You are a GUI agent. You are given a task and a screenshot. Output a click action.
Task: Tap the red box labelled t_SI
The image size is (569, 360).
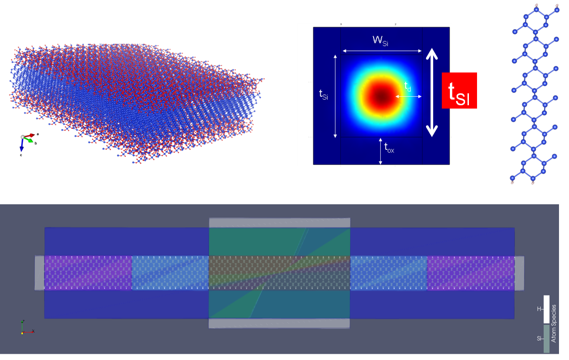[x=459, y=90]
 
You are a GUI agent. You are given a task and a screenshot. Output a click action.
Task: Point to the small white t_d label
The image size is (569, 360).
[x=408, y=87]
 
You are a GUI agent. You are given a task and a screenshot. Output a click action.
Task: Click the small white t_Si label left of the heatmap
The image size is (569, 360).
[x=323, y=94]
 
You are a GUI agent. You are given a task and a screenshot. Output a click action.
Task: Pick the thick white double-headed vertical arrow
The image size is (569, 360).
[x=432, y=93]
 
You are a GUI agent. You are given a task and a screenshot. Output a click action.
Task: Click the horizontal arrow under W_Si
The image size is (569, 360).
[x=382, y=51]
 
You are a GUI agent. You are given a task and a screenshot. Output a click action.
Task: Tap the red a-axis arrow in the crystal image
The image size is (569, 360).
[x=29, y=136]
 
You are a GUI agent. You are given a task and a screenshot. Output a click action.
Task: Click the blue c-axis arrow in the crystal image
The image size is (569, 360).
[x=22, y=145]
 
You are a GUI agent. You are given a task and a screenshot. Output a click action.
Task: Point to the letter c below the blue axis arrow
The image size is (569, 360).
[x=21, y=155]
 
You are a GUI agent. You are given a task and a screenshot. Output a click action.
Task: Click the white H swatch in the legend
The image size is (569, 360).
[x=546, y=309]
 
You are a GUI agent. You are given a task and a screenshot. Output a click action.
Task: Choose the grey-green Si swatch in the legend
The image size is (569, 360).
[x=546, y=339]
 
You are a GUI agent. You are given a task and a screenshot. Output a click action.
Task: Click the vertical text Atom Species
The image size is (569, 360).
[x=554, y=324]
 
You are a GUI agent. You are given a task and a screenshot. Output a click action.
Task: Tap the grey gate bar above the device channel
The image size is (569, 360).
[x=279, y=222]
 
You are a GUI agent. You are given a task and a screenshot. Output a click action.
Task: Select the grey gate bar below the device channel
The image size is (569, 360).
[x=279, y=323]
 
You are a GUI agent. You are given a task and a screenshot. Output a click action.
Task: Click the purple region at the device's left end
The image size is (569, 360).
[x=88, y=273]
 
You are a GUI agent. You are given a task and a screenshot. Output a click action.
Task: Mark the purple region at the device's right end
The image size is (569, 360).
[x=471, y=273]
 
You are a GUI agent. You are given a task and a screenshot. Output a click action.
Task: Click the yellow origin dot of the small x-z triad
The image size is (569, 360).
[x=22, y=333]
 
